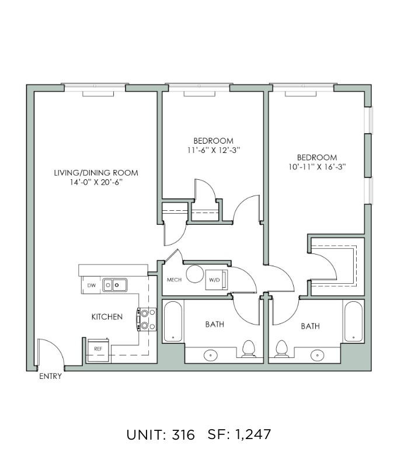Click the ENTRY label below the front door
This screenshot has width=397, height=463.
[50, 376]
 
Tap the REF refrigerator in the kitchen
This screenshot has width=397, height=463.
[98, 350]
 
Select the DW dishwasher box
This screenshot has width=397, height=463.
[91, 286]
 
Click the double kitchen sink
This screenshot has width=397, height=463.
[115, 285]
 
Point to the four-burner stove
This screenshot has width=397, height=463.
[147, 319]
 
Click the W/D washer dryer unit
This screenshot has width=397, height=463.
[217, 280]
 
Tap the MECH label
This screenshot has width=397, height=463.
[174, 280]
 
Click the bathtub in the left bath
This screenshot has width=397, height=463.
[173, 321]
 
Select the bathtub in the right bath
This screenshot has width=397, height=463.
[353, 321]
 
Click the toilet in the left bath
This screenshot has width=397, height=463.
[249, 349]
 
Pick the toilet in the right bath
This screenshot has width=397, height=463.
[281, 349]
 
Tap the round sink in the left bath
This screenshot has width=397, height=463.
[211, 354]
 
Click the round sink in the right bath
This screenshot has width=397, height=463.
[317, 354]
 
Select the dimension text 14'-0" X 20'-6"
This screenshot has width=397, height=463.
[96, 183]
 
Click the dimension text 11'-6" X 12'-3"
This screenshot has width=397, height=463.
[214, 150]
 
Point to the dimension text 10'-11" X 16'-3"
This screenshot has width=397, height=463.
[317, 167]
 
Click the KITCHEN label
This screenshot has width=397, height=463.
[107, 317]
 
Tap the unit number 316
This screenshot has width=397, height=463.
[183, 434]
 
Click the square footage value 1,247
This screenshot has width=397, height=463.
[253, 434]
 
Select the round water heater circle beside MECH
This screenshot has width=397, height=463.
[195, 274]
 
